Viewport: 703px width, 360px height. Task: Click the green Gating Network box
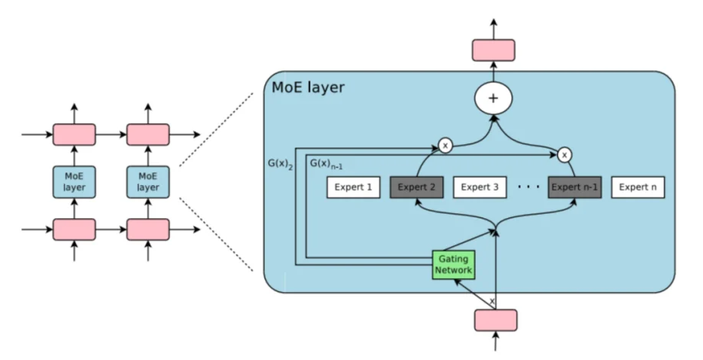click(x=454, y=264)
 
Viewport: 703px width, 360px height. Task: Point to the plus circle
click(x=493, y=98)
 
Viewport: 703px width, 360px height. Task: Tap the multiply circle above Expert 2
click(x=445, y=144)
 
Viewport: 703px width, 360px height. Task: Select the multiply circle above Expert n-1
click(x=564, y=154)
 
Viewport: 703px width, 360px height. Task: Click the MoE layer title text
click(x=308, y=88)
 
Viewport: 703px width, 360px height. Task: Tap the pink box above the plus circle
click(x=493, y=50)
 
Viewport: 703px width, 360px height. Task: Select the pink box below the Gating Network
click(x=496, y=320)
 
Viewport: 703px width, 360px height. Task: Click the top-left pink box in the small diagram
click(x=74, y=135)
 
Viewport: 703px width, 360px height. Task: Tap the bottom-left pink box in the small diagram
click(x=74, y=229)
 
